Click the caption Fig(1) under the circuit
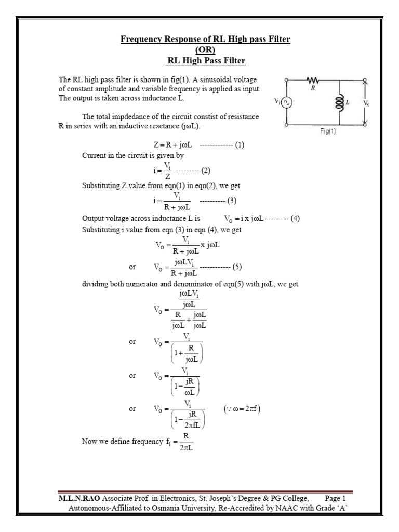tap(327, 132)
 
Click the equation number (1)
tap(240, 145)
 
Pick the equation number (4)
tap(296, 219)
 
